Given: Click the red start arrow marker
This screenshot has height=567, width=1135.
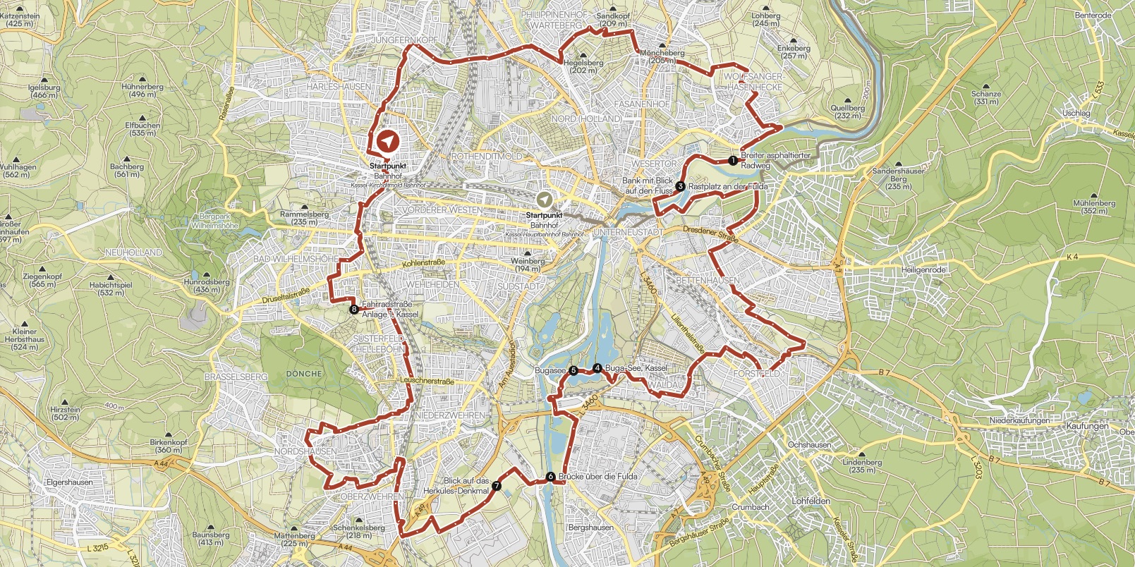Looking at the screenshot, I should (x=387, y=142).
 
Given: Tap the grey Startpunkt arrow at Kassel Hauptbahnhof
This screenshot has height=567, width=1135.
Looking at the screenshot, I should (x=544, y=200).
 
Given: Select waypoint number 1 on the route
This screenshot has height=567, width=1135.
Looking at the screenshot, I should (x=734, y=160).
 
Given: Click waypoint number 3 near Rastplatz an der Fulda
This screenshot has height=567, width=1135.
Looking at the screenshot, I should (x=680, y=186).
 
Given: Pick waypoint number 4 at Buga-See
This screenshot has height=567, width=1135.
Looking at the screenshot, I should (x=597, y=367).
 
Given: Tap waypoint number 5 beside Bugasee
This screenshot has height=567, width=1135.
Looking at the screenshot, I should (x=573, y=370).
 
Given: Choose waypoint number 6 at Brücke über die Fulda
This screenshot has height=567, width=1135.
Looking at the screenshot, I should (x=550, y=477).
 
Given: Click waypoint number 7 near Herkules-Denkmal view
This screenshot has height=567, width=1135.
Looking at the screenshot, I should (x=497, y=485).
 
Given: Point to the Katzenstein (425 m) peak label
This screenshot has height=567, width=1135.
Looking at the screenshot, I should (x=19, y=19).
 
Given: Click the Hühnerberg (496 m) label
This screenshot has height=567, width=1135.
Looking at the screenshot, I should (x=142, y=90).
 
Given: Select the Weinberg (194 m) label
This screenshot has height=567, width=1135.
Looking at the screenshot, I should (x=528, y=264).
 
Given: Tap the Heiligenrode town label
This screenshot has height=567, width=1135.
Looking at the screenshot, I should (x=923, y=270).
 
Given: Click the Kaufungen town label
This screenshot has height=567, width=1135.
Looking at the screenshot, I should (x=1087, y=426).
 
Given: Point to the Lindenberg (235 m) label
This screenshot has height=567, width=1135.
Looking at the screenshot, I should (x=862, y=466).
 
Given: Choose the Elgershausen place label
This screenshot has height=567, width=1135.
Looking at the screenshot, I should (x=69, y=482).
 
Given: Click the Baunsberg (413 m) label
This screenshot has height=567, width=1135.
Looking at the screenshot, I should (x=211, y=538).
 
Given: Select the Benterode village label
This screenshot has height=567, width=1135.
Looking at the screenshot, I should (x=1093, y=15).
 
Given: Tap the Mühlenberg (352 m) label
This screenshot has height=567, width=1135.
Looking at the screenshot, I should (x=1094, y=207).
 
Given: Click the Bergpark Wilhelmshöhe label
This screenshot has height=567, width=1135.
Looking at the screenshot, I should (x=214, y=221).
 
